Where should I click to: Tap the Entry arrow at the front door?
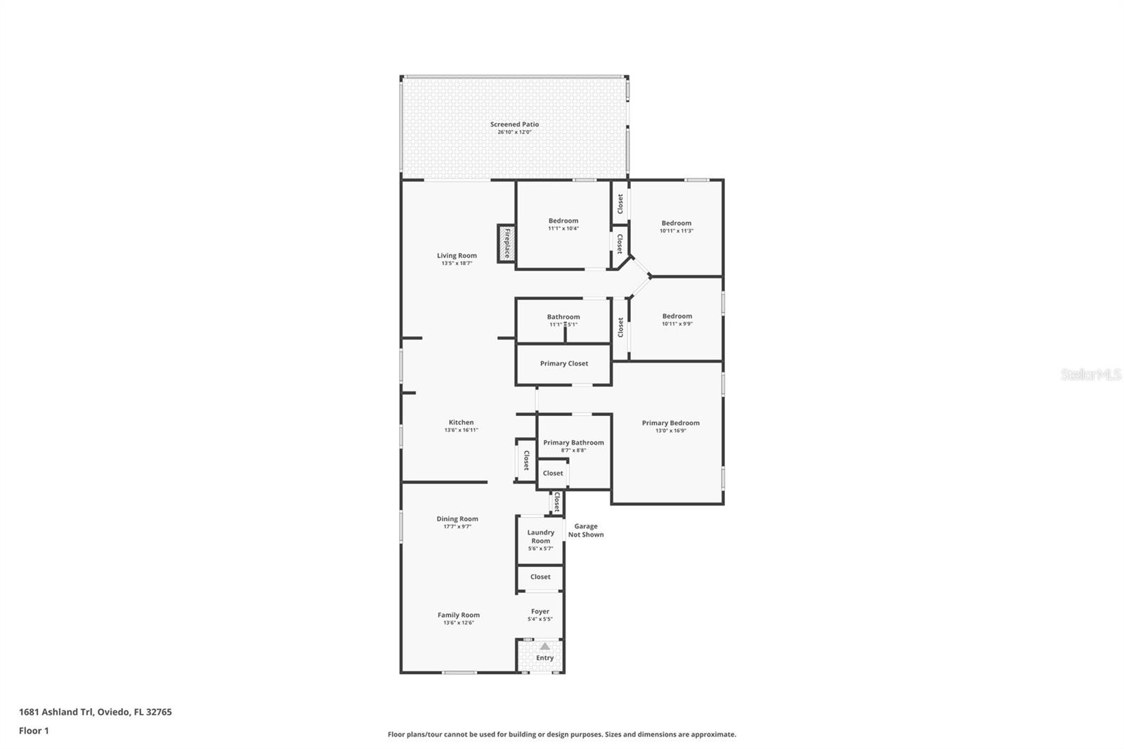(x=544, y=646)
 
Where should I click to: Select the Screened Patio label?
(x=514, y=124)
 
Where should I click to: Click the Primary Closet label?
(x=564, y=363)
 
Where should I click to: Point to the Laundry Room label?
(x=541, y=536)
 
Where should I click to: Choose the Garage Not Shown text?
(x=585, y=530)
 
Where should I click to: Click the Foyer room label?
(x=540, y=611)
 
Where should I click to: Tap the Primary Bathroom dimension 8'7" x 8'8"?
(x=573, y=450)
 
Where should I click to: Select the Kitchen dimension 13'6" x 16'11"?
(x=461, y=430)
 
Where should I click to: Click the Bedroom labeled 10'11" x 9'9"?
(x=677, y=316)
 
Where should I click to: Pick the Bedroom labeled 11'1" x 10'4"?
(x=563, y=221)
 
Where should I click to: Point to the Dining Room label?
(x=457, y=519)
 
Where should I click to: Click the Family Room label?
(x=459, y=615)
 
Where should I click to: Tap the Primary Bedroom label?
(x=670, y=423)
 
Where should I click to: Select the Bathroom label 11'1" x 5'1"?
(x=563, y=317)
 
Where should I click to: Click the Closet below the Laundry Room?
(x=540, y=577)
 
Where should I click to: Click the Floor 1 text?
(x=34, y=731)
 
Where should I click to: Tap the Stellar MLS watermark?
(x=1090, y=375)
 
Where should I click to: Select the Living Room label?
(x=457, y=256)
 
